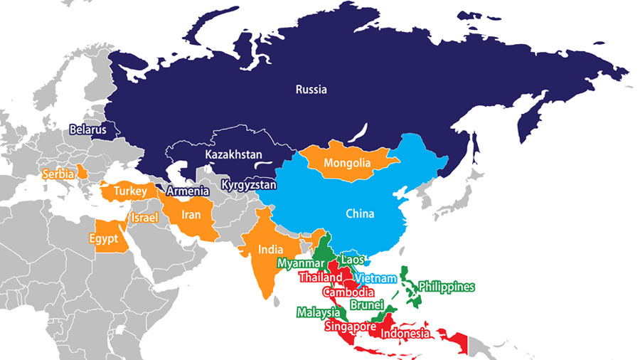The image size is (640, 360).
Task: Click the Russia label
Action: [x=311, y=90]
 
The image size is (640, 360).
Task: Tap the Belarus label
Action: [x=87, y=129]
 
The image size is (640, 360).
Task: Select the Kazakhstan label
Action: [x=233, y=154]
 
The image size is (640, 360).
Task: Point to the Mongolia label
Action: [x=347, y=164]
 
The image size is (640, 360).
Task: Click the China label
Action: [x=360, y=213]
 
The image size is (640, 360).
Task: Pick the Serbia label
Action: [x=59, y=174]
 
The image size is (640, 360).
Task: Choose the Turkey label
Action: [x=130, y=191]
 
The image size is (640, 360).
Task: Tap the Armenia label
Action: [x=188, y=191]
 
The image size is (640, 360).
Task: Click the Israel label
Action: [x=144, y=216]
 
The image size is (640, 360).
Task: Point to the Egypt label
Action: [x=104, y=239]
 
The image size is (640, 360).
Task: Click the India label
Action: [x=270, y=250]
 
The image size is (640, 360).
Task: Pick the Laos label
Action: [x=354, y=260]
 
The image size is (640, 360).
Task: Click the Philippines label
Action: [x=446, y=287]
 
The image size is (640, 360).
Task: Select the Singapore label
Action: [x=349, y=327]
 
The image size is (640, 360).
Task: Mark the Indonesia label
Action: [x=405, y=334]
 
